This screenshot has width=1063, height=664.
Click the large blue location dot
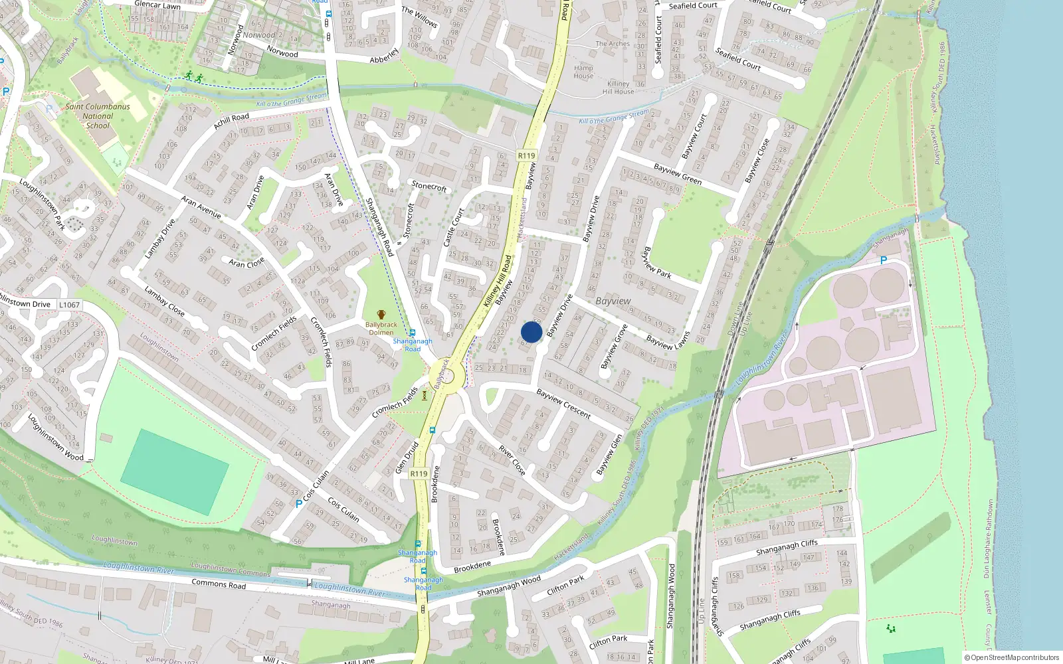(531, 332)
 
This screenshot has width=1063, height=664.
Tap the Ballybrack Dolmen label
(381, 329)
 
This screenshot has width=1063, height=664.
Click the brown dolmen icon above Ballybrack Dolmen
(381, 315)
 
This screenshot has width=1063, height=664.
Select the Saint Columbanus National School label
(98, 116)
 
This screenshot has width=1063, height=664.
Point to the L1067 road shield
(69, 305)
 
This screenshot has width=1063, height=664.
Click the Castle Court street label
(454, 228)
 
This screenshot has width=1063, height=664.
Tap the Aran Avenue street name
(201, 207)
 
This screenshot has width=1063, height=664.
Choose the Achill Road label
(231, 122)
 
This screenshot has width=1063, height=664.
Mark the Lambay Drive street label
(159, 238)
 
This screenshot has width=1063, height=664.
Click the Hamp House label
(583, 72)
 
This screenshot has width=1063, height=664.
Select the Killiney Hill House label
(619, 88)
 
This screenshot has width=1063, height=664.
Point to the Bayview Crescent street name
(563, 404)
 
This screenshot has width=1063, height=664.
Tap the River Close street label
(512, 460)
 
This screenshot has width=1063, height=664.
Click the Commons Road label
(219, 584)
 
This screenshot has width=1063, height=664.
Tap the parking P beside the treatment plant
(884, 261)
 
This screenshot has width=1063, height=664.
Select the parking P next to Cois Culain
(298, 503)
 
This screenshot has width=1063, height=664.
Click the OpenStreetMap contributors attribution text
(1012, 657)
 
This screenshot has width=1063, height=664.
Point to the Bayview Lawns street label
(669, 341)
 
